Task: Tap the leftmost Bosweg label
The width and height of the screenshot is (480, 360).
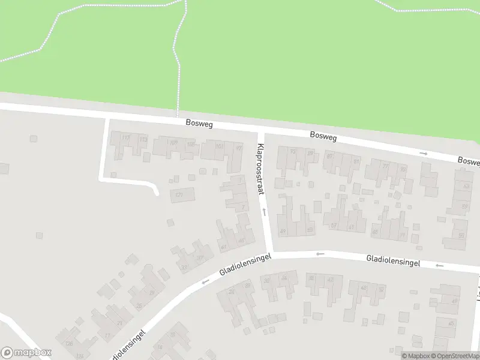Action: pyautogui.click(x=199, y=124)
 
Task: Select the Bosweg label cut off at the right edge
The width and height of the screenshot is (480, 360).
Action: pyautogui.click(x=469, y=161)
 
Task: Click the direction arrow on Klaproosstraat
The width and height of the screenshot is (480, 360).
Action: pyautogui.click(x=263, y=211)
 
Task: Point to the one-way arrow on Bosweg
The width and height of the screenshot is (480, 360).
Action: pyautogui.click(x=424, y=154)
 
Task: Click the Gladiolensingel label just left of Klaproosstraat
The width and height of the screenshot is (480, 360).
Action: pyautogui.click(x=245, y=263)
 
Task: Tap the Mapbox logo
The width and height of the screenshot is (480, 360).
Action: pyautogui.click(x=26, y=353)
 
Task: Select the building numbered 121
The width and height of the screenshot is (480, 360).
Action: pyautogui.click(x=179, y=195)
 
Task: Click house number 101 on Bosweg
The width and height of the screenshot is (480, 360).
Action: pyautogui.click(x=219, y=146)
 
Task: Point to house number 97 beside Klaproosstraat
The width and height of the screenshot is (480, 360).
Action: pyautogui.click(x=239, y=148)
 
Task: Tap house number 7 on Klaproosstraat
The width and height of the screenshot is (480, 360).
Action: pyautogui.click(x=243, y=208)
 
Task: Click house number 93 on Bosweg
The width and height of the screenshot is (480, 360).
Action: pyautogui.click(x=293, y=152)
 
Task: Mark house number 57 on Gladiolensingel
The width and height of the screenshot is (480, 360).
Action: pyautogui.click(x=334, y=226)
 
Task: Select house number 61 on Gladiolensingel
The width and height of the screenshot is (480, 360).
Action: pyautogui.click(x=351, y=227)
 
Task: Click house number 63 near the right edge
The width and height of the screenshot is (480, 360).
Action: pyautogui.click(x=466, y=187)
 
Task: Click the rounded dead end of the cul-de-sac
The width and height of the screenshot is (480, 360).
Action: pyautogui.click(x=155, y=191)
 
